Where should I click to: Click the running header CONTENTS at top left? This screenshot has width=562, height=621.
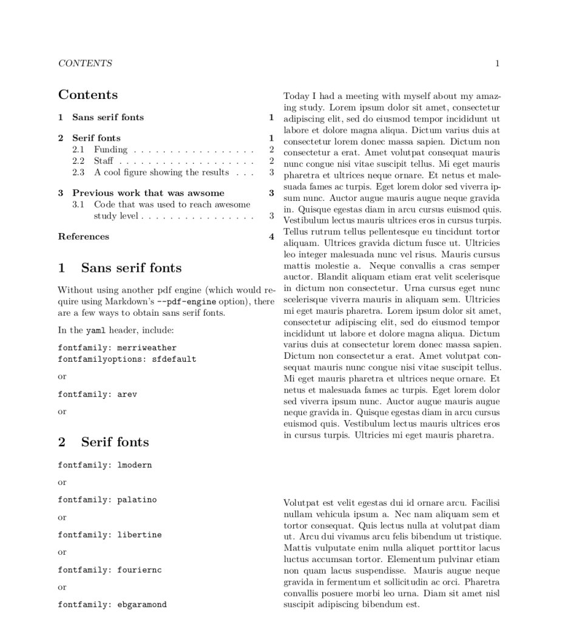(x=85, y=63)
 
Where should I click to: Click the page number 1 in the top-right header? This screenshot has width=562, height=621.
(x=497, y=63)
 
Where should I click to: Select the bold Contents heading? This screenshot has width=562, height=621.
(x=88, y=95)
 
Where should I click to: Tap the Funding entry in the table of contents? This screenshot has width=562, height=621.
(x=110, y=149)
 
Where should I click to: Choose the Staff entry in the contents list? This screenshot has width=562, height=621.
(x=103, y=161)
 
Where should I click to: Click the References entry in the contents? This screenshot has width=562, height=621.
(x=84, y=237)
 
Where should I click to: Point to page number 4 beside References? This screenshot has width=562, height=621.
(x=271, y=237)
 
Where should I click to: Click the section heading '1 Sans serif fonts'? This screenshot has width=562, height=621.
(x=120, y=268)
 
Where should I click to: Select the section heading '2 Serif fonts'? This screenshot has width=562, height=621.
(x=103, y=442)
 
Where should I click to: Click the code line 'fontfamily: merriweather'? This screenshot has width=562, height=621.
(x=117, y=348)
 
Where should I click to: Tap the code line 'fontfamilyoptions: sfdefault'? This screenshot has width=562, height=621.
(x=127, y=359)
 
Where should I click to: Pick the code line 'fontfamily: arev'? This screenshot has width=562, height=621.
(x=97, y=394)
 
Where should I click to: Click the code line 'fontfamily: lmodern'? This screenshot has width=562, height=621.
(x=104, y=465)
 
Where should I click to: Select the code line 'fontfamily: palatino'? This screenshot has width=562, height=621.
(x=107, y=500)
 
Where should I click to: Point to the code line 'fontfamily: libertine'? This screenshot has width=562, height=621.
(x=109, y=535)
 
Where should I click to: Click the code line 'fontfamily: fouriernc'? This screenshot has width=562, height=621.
(x=109, y=570)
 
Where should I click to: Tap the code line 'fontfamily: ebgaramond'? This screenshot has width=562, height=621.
(x=112, y=605)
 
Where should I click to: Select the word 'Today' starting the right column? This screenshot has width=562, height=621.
(x=296, y=96)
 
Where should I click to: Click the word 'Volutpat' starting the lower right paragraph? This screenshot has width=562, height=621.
(x=302, y=503)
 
